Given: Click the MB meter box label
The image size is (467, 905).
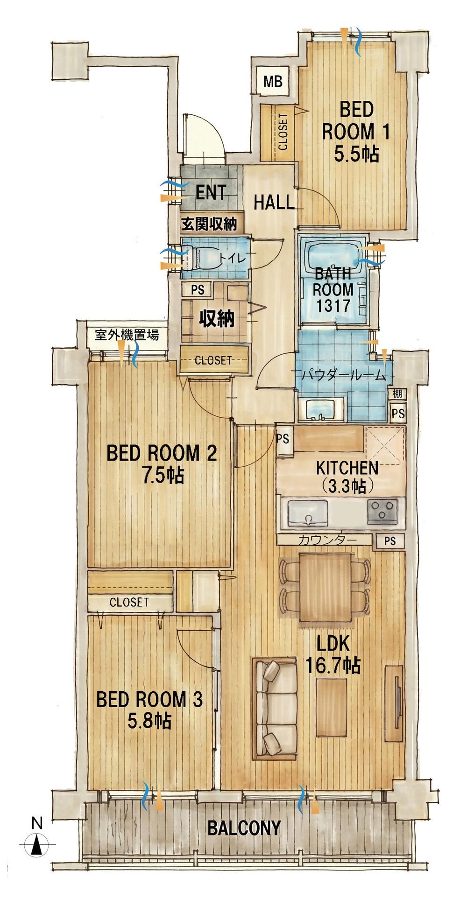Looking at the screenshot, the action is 273,82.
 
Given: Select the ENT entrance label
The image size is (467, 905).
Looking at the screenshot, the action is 211,192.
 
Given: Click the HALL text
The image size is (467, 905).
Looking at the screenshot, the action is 274,203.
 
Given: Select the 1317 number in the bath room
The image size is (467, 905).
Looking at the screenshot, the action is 333,306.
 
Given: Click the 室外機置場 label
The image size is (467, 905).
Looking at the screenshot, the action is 127,335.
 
